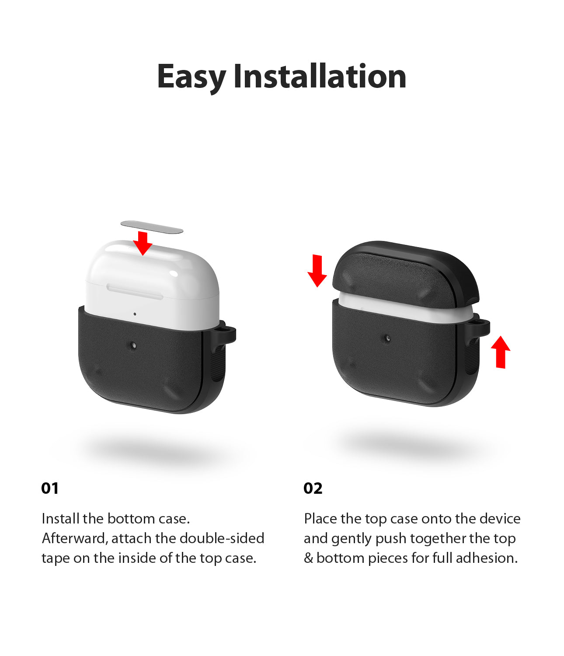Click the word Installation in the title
(320, 76)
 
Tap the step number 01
(50, 488)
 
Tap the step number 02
(313, 488)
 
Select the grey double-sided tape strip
(152, 227)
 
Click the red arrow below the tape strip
(143, 243)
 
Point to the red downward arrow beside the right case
(317, 271)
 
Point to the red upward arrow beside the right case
(501, 352)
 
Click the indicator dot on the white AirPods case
(135, 314)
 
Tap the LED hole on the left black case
(133, 345)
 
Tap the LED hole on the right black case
(387, 338)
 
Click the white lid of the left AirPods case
(152, 270)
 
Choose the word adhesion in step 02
(487, 558)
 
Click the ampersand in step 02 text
(308, 558)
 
